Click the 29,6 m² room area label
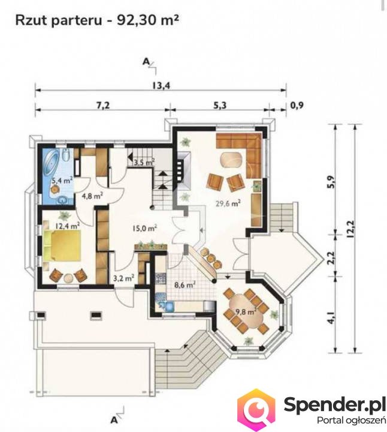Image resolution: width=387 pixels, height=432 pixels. tap(228, 203)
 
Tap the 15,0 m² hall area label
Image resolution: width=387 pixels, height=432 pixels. tap(145, 228)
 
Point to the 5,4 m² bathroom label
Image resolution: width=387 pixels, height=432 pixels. tap(62, 181)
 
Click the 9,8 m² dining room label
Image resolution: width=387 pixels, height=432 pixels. tap(246, 312)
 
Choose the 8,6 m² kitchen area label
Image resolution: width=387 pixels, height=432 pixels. tap(185, 284)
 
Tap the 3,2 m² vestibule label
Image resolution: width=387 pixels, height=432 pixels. tap(124, 278)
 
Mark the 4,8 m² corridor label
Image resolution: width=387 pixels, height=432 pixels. tap(92, 196)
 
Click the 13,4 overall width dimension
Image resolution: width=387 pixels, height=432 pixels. tap(161, 85)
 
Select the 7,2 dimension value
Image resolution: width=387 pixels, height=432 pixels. tap(103, 105)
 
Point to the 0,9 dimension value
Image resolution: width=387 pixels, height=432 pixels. tap(297, 105)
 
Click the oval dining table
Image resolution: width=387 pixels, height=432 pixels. tap(246, 311)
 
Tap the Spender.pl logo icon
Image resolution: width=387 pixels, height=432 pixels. tap(256, 408)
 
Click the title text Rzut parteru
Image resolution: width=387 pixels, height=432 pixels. tap(59, 20)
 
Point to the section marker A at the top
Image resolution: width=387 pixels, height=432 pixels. tap(146, 62)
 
